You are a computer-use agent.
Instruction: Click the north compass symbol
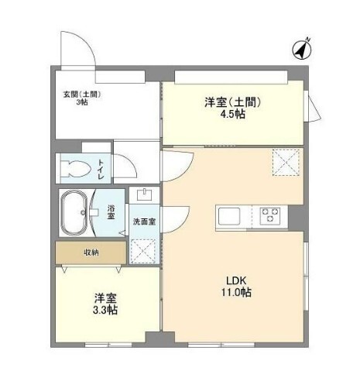(x=302, y=50)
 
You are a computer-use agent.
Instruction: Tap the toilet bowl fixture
(x=75, y=169)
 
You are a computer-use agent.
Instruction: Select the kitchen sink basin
(x=229, y=216)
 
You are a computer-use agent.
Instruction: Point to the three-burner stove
(x=270, y=215)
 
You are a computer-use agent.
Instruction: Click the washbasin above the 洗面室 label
(x=145, y=194)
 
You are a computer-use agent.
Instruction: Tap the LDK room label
(x=236, y=280)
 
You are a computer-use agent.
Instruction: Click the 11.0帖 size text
(x=236, y=293)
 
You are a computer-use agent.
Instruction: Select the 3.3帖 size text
(x=105, y=310)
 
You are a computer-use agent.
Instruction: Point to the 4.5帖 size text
(x=232, y=114)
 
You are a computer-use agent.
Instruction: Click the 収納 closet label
(x=91, y=252)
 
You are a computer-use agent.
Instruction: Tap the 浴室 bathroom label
(x=111, y=212)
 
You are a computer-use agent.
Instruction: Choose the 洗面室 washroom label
(x=144, y=221)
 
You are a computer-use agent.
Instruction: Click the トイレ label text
(x=101, y=170)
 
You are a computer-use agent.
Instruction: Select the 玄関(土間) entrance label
(x=82, y=94)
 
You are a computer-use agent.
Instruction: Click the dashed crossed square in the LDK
(x=286, y=163)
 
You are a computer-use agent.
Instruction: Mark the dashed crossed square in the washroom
(x=143, y=252)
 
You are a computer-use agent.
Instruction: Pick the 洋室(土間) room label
(x=232, y=102)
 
